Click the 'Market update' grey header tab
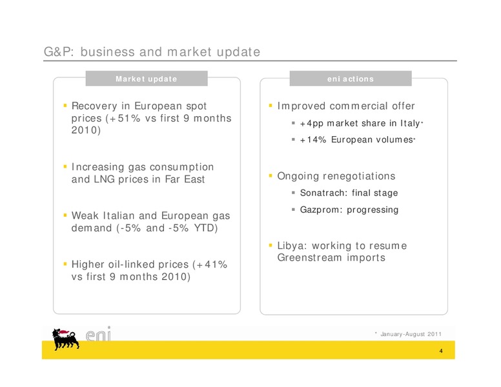[147, 79]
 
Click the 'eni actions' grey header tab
[351, 79]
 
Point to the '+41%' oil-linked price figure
[212, 264]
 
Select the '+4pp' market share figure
[312, 124]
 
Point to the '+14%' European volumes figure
[313, 140]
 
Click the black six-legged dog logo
[65, 339]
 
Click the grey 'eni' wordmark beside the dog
[98, 334]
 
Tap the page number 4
[441, 351]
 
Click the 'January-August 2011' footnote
[411, 334]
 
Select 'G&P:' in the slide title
[59, 52]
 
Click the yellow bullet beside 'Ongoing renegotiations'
[271, 175]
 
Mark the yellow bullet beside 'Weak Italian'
[65, 215]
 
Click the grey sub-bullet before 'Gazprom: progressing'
[293, 210]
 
